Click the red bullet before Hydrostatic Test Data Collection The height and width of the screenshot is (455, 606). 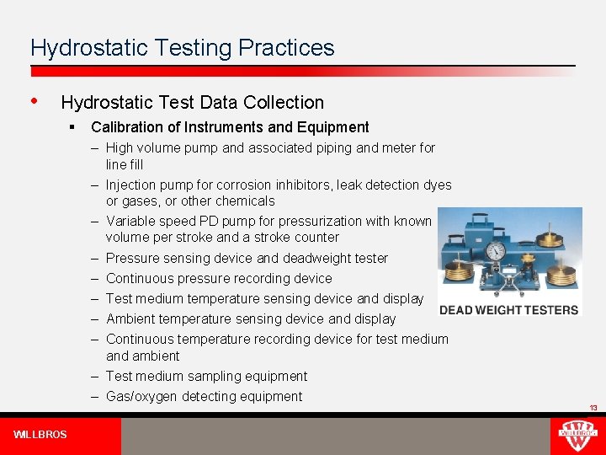(x=34, y=101)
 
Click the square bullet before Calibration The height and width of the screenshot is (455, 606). (x=74, y=127)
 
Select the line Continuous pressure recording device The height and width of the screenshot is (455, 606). (x=219, y=278)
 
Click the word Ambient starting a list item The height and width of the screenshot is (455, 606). (x=130, y=318)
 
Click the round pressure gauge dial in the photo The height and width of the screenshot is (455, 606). (x=496, y=251)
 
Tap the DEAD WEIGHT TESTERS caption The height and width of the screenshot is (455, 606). (x=509, y=309)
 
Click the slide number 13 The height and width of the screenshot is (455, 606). (x=593, y=408)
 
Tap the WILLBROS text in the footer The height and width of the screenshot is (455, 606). (x=40, y=435)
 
